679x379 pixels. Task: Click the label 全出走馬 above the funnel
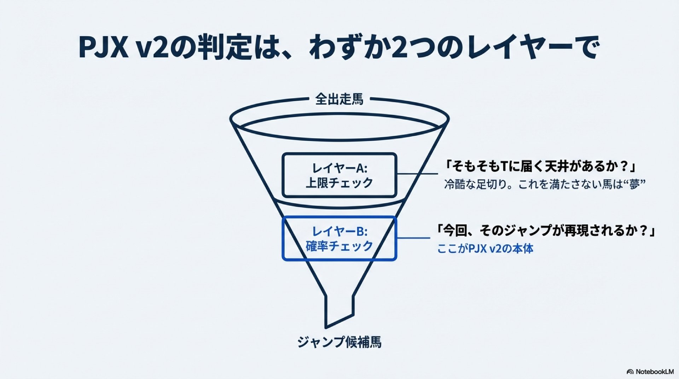click(339, 99)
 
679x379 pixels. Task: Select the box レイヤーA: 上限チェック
click(339, 175)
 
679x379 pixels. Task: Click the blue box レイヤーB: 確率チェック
click(339, 239)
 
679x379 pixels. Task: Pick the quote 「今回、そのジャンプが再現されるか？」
click(546, 231)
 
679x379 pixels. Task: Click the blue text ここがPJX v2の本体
click(485, 249)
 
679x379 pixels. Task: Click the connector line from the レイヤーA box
click(417, 174)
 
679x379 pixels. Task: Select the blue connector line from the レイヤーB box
click(413, 238)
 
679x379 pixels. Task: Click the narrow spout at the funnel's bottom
click(339, 311)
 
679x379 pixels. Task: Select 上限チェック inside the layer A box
click(339, 183)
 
